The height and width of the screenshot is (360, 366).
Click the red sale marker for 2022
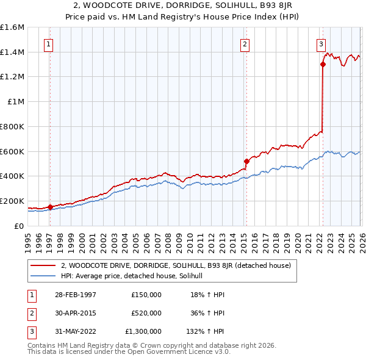click(323, 64)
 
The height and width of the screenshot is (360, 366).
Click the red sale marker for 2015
click(247, 161)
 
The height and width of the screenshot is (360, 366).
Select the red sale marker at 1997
click(51, 207)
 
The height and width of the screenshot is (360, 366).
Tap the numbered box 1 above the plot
click(48, 43)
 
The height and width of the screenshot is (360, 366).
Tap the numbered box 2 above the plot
click(245, 43)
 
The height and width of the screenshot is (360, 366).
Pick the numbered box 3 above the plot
click(320, 43)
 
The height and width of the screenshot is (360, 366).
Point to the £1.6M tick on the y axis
click(12, 27)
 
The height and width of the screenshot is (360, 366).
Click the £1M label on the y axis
click(16, 102)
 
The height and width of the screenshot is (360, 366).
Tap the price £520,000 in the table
click(146, 313)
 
